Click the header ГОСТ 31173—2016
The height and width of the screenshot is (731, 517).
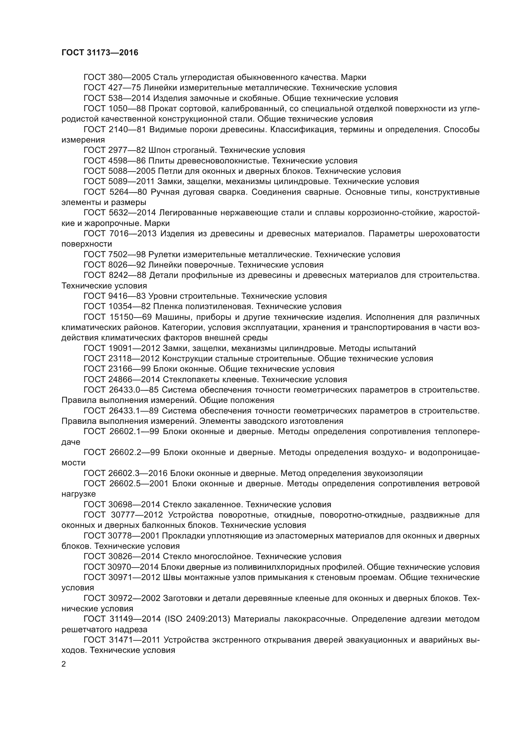(x=100, y=53)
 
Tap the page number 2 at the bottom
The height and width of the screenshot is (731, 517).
(x=64, y=664)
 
